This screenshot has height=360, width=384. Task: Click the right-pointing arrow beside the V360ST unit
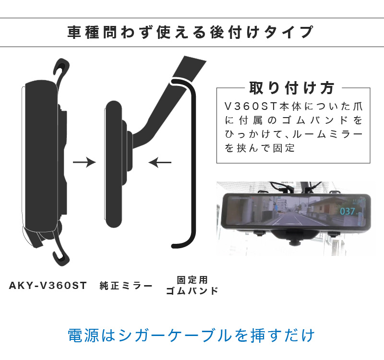point(84,163)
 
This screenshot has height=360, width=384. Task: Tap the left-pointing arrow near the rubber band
point(160,163)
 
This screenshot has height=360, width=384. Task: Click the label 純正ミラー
point(126,286)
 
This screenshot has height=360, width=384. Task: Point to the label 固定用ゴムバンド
point(192,285)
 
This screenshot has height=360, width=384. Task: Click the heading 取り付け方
point(291,88)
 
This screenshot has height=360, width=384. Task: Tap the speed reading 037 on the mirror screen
point(348,211)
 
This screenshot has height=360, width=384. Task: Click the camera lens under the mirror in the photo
point(292,237)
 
